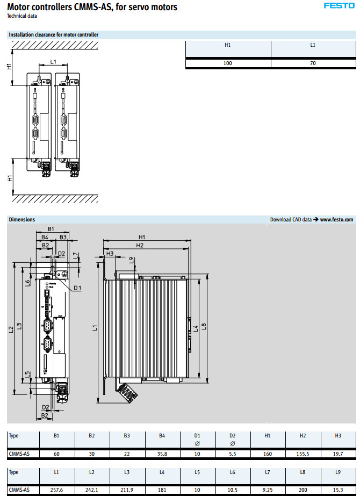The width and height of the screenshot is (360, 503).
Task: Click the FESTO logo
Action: (x=339, y=5)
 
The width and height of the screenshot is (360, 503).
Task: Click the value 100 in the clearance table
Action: (x=228, y=63)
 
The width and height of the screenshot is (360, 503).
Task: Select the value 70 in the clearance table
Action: (x=313, y=63)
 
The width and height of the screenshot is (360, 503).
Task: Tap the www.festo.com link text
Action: (x=337, y=219)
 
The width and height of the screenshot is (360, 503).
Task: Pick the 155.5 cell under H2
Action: (x=303, y=454)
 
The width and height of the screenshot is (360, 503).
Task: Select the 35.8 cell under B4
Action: (x=162, y=454)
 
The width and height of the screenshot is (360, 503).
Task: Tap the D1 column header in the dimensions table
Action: (x=197, y=435)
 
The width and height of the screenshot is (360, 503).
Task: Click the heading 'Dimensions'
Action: (x=22, y=219)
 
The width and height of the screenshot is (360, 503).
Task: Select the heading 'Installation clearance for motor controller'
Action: (x=54, y=35)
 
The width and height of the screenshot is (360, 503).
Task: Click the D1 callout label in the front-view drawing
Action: (x=77, y=288)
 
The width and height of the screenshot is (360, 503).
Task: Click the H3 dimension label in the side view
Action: (x=110, y=253)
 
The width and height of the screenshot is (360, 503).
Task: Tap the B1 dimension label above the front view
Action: (x=51, y=229)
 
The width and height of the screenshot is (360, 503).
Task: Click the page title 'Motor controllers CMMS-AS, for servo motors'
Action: (x=92, y=7)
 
